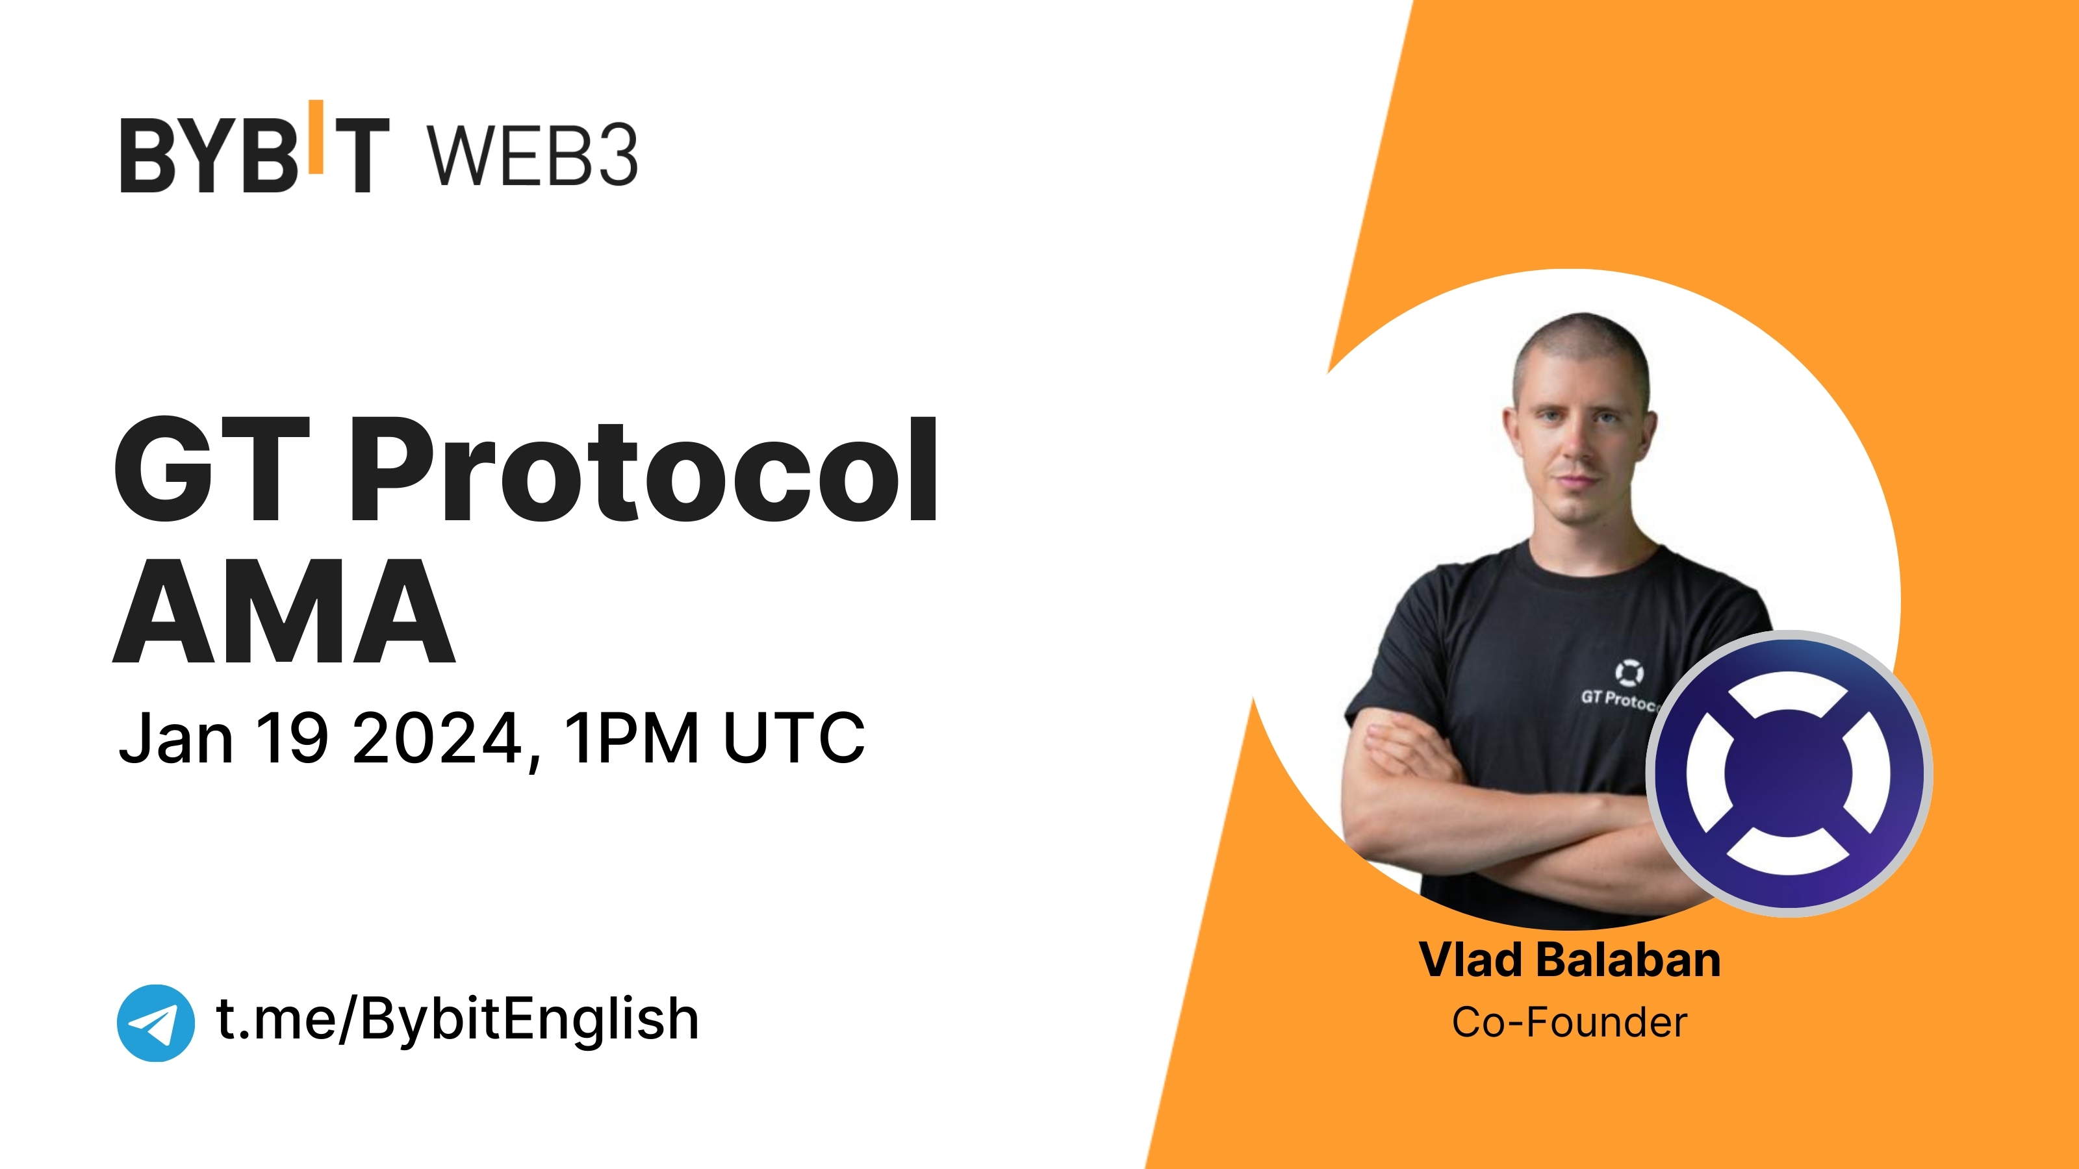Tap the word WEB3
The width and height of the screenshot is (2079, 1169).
533,156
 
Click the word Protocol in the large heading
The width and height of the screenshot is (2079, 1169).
654,471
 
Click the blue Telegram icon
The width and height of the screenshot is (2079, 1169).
156,1022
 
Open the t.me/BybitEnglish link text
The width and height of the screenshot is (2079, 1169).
457,1020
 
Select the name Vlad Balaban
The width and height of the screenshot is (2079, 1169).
1569,960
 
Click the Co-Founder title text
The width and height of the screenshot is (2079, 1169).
1569,1022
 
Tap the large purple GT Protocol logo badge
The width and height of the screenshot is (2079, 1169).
1789,773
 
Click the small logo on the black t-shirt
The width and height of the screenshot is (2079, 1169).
1629,672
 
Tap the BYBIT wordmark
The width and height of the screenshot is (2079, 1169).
254,153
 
